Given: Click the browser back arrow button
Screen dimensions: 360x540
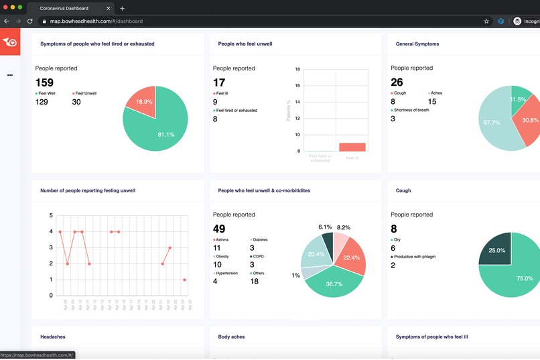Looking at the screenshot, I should [7, 21].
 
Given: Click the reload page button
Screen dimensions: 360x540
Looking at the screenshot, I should [30, 21].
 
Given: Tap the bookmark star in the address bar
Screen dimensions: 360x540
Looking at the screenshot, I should [486, 21].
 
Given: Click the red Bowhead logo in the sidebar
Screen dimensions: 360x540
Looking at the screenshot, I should [9, 42].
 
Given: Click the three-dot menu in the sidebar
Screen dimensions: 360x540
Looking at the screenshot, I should [9, 75].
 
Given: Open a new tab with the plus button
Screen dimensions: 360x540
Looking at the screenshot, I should [122, 8].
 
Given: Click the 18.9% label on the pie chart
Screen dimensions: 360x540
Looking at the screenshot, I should [143, 101].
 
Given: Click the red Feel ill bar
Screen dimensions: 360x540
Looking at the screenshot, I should [352, 147].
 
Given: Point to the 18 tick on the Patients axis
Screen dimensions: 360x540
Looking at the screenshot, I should [298, 68].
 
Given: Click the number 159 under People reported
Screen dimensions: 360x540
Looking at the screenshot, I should [44, 83].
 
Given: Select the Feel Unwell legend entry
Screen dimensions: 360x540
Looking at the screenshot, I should [86, 93].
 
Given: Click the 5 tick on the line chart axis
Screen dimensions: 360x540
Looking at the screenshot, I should [51, 215].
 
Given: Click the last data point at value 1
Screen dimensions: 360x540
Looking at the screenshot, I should [184, 280].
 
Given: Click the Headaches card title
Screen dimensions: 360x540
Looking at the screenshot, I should [53, 337].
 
